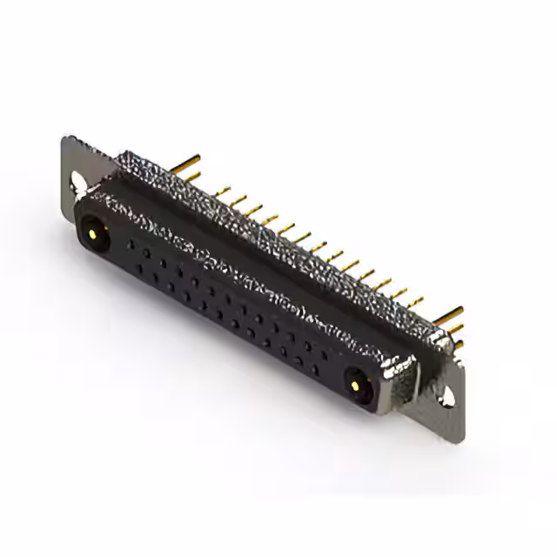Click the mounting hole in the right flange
(448, 396)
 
